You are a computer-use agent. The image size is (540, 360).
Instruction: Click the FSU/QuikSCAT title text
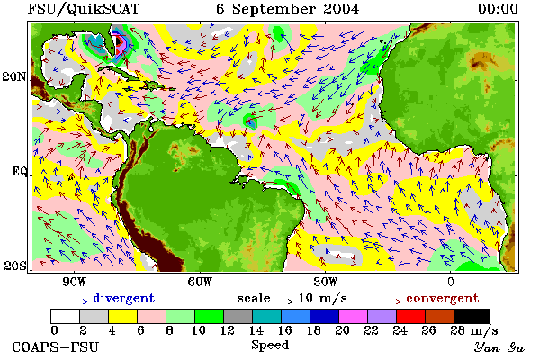coord(84,9)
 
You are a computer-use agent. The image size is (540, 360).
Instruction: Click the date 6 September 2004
coord(288,9)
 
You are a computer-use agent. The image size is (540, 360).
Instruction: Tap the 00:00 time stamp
coord(498,9)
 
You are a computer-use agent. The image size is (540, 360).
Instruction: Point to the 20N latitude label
coord(14,76)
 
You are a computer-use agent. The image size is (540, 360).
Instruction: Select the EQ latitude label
coord(20,171)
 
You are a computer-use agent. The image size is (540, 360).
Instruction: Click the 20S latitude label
coord(14,265)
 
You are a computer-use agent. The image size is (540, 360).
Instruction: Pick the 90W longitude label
coord(74,282)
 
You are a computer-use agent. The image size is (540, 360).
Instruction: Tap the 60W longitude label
coord(200,282)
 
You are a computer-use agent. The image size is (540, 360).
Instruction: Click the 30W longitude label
coord(326,282)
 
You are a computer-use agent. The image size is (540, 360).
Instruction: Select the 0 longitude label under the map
coord(451,282)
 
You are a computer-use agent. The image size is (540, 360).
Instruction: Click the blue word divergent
coord(124,298)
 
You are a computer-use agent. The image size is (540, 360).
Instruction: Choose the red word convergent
coord(443,298)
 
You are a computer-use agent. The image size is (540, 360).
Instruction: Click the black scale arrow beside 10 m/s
coord(284,301)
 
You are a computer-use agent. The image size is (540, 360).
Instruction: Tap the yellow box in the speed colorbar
coord(123,316)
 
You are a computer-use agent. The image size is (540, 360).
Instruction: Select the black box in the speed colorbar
coord(472,316)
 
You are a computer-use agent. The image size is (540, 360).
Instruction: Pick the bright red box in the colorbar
coord(411,316)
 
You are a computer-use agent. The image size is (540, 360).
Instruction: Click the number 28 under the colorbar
coord(457,330)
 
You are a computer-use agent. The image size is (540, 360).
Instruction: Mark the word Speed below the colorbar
coord(270,345)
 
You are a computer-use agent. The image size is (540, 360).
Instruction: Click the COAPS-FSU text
coord(56,346)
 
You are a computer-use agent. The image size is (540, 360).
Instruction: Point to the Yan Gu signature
coord(499,347)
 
